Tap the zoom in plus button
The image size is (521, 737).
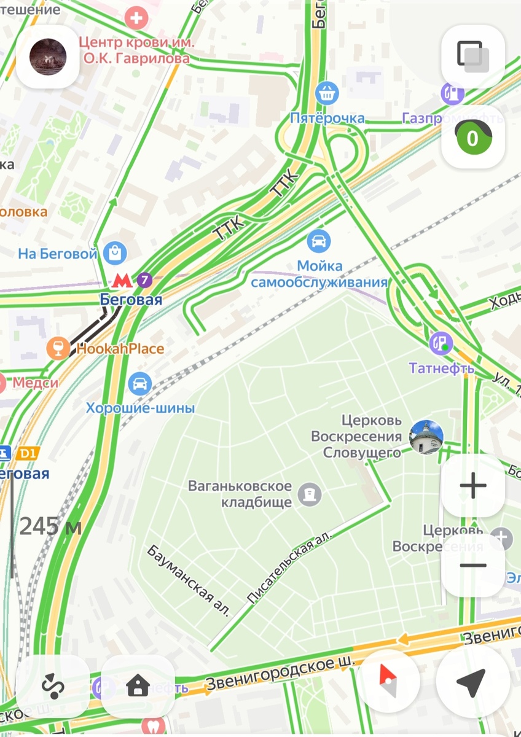coord(473,486)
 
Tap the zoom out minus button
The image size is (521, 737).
coord(473,566)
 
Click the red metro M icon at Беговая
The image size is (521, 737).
coord(122,281)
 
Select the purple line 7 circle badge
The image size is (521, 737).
coord(144,281)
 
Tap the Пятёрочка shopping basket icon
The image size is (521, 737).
coord(327,93)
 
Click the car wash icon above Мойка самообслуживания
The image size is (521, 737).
coord(318,241)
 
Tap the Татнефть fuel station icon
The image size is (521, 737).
coord(441,343)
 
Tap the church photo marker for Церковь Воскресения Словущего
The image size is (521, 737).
coord(426,437)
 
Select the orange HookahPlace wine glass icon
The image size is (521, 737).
coord(58,349)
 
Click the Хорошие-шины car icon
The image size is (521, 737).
coord(140,384)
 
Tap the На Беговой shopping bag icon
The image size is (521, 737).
coord(115,252)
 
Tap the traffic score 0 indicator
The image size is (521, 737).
coord(472,138)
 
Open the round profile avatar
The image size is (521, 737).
coord(47,57)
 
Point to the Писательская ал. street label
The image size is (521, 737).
coord(289,567)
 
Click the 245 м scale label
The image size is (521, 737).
coord(50,526)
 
